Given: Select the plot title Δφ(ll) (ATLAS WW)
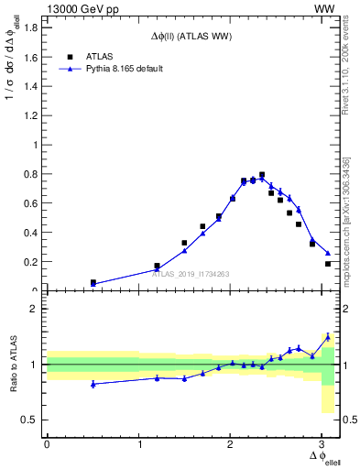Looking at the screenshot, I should [191, 36].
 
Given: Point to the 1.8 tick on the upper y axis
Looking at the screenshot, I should [31, 27].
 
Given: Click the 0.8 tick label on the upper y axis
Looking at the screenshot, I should [31, 174].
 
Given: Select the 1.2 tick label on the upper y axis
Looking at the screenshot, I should [31, 115].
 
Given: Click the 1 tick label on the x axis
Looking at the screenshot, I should [139, 444].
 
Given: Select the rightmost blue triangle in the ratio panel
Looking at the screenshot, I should [328, 336].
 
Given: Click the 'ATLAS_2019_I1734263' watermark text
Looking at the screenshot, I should [191, 273].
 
